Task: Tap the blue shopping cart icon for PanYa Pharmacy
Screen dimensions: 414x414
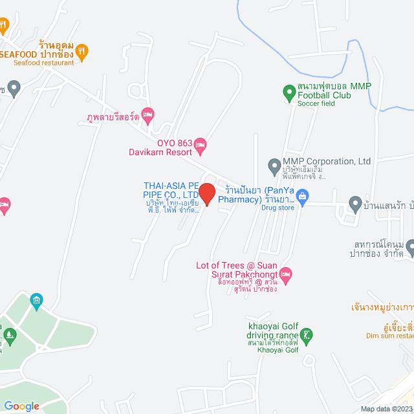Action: point(302,195)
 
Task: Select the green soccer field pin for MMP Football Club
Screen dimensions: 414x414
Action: point(289,93)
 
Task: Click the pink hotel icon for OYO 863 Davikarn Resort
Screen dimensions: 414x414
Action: point(200,144)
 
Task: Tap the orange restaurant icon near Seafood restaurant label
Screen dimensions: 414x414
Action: point(82,50)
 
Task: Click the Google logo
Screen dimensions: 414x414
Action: point(21,406)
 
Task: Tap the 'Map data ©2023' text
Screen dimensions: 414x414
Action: point(386,409)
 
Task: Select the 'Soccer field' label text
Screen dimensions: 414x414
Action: point(316,104)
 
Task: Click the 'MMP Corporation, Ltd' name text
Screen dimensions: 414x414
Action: point(327,162)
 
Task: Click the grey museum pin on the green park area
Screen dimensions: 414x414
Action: point(36,300)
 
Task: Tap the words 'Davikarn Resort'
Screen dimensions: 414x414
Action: point(160,152)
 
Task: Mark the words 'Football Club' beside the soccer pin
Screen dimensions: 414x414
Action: point(324,96)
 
